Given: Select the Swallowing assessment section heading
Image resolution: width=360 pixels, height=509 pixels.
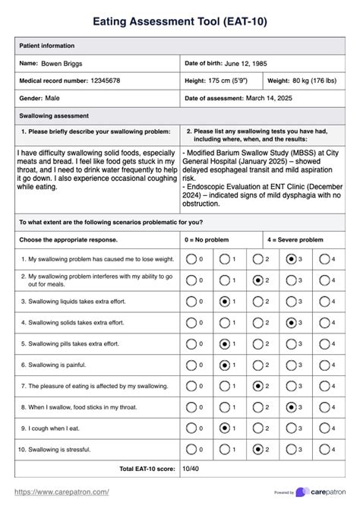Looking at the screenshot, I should pos(54,115).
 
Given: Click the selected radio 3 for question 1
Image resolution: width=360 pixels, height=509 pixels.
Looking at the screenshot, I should pos(291,259).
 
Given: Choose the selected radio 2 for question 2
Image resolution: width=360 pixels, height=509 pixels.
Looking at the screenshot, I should pos(257,280).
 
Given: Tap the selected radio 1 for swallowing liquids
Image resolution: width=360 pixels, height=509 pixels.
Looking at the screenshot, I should pos(224,302).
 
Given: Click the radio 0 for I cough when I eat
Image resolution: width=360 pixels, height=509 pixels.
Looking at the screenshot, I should pos(191,428).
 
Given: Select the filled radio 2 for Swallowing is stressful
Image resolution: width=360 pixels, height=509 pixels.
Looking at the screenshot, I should pos(257,449).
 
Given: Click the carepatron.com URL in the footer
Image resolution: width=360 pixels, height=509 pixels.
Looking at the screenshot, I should pos(62,492).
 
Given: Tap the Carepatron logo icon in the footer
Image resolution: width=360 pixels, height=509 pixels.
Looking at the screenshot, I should pos(302,492).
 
